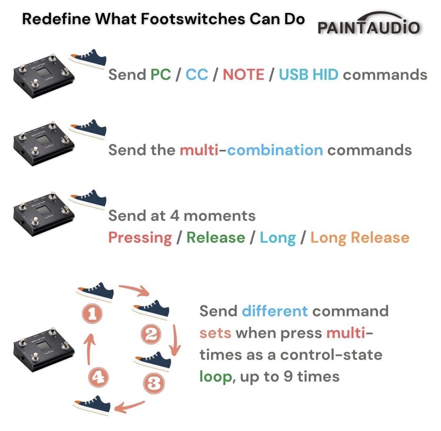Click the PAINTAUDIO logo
(369, 24)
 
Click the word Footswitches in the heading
(193, 19)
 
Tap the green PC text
(161, 75)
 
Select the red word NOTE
(243, 75)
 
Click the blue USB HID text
(309, 75)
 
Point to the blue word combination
(275, 150)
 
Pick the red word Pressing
(140, 238)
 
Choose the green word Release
(216, 238)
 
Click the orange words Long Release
(360, 238)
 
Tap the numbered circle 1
(92, 314)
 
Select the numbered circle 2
(151, 334)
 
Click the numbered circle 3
(154, 383)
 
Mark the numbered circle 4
(98, 377)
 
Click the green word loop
(216, 377)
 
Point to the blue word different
(274, 311)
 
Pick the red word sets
(216, 333)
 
